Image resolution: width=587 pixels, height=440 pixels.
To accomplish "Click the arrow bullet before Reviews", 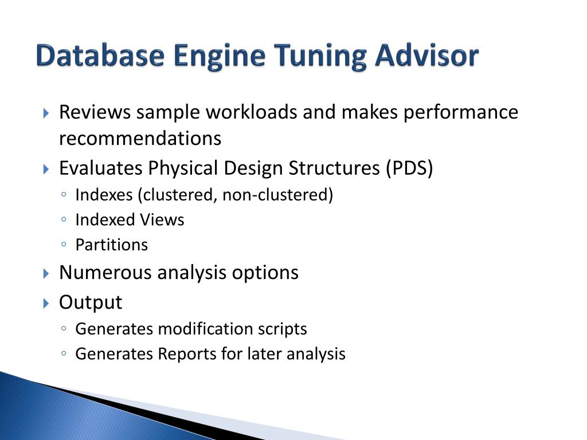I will point(46,113).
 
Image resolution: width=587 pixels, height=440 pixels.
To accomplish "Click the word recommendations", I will point(140,139).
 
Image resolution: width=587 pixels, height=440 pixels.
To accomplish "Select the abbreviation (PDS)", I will point(409,168).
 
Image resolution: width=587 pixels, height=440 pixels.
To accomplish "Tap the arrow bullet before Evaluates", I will point(46,169).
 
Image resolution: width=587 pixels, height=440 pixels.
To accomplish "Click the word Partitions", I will point(112,245).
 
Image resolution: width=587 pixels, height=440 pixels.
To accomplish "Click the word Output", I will point(91,302).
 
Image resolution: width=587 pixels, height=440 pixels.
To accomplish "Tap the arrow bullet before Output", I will point(46,302).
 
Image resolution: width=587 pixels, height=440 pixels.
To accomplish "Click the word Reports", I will point(188,354).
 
